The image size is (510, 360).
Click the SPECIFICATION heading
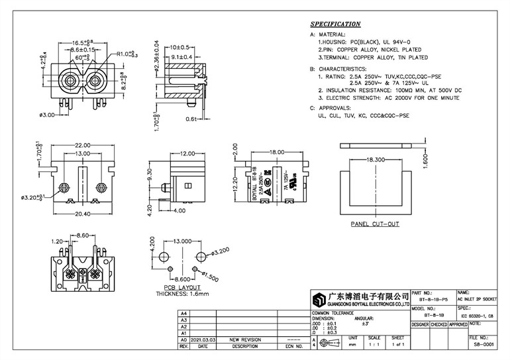tap(336, 24)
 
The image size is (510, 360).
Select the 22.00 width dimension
tap(83, 146)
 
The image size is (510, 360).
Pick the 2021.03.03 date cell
tap(203, 339)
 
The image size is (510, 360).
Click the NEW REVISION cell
tap(245, 339)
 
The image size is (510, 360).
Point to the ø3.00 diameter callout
tap(47, 113)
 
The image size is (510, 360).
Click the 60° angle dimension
tap(83, 58)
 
